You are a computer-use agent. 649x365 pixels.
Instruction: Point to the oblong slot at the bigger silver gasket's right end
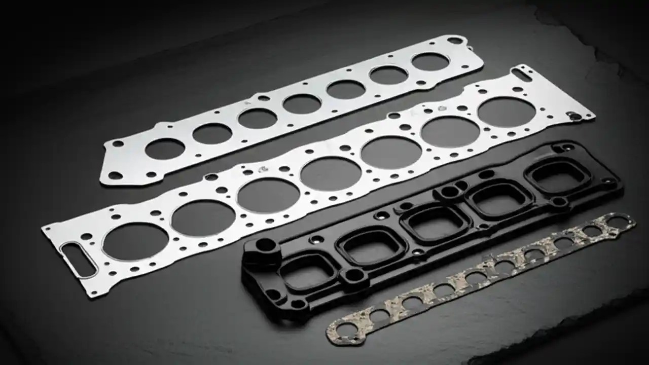(521, 75)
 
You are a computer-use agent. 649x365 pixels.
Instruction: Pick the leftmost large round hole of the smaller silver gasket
(165, 149)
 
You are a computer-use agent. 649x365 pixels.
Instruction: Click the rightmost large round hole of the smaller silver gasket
(430, 62)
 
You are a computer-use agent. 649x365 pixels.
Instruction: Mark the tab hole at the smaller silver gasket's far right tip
(455, 41)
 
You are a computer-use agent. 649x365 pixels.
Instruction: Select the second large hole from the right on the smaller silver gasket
(388, 75)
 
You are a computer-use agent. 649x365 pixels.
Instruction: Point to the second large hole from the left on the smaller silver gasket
(212, 133)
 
